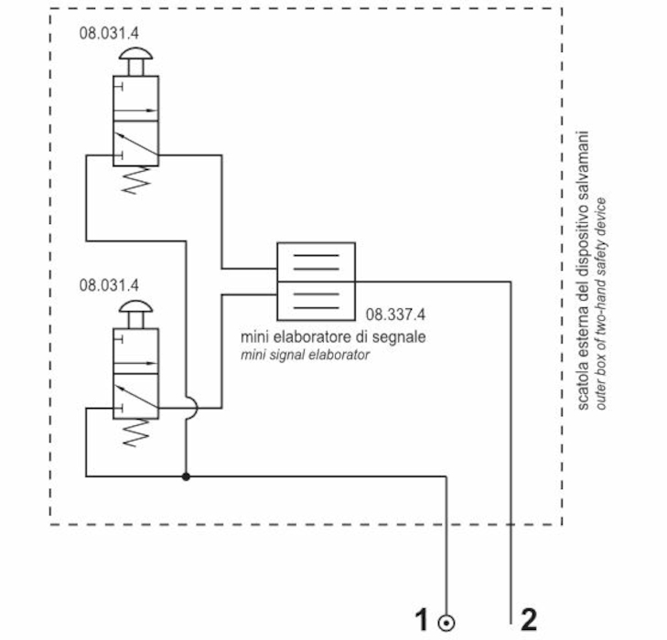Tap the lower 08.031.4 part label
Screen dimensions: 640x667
pos(110,285)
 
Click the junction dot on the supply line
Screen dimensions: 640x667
pos(186,476)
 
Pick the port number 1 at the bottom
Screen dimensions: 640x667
pos(422,621)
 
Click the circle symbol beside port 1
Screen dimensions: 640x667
pos(446,624)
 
